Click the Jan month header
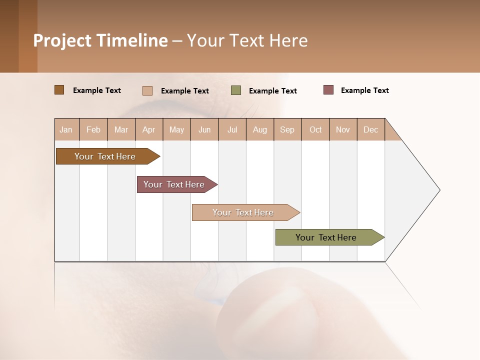click(x=66, y=129)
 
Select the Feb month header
click(x=93, y=129)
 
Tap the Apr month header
click(x=149, y=129)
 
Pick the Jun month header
click(x=204, y=129)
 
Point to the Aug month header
click(x=260, y=129)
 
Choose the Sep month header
click(x=287, y=129)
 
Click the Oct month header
click(x=315, y=129)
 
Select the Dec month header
click(x=371, y=129)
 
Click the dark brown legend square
click(x=59, y=90)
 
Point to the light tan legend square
click(x=147, y=90)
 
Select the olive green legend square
click(x=236, y=90)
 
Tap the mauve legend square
click(x=328, y=90)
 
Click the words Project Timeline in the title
click(x=100, y=40)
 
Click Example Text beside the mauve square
click(x=364, y=90)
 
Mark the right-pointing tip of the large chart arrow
click(x=438, y=190)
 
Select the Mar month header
click(x=121, y=129)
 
